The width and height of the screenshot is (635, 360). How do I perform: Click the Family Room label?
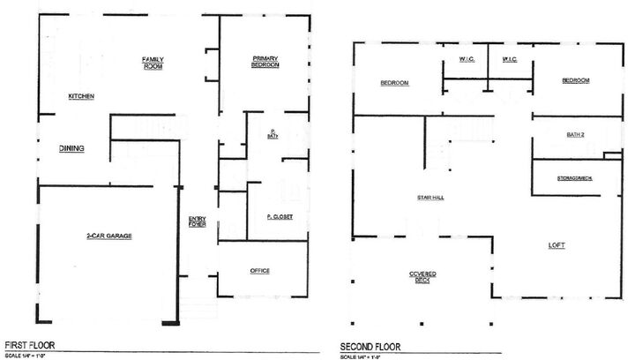coord(153,64)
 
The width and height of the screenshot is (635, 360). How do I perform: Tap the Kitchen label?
coord(81,96)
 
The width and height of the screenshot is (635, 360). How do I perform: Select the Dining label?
coord(71,148)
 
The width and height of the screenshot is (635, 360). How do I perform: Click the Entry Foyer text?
coord(198,222)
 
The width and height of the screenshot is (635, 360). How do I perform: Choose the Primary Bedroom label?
coord(265,62)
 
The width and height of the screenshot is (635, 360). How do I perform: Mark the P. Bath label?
coord(274,134)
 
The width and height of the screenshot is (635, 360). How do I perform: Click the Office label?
coord(259,271)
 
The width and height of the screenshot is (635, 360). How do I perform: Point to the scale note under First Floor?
coord(26,355)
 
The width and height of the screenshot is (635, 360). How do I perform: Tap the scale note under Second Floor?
coord(364,356)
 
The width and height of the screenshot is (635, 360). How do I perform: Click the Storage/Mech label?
coord(574,178)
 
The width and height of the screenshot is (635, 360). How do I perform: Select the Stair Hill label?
coord(430,199)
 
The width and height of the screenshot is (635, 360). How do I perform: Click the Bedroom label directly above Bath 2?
coord(576,80)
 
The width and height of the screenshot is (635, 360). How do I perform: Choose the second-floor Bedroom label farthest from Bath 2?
coord(394,83)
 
